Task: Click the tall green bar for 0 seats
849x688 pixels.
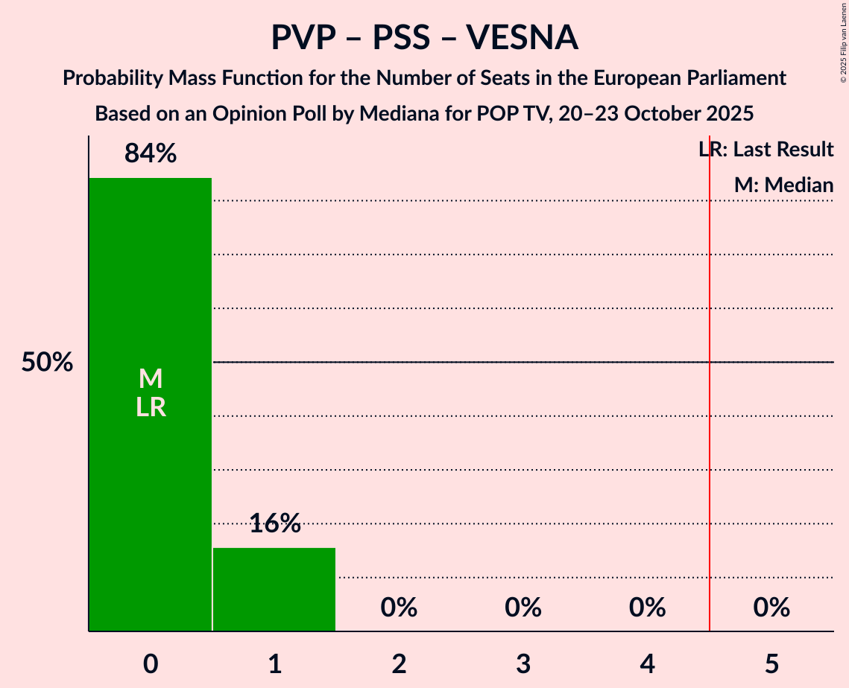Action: pos(150,484)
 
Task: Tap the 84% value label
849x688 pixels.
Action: pos(150,153)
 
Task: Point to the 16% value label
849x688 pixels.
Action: pos(274,523)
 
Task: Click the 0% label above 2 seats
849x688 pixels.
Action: pos(399,608)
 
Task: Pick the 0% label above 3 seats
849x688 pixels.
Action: pos(523,608)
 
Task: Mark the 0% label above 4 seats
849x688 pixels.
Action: pos(647,608)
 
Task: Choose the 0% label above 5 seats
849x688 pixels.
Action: pos(771,608)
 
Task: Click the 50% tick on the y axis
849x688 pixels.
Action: pos(47,363)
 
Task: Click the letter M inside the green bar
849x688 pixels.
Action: pos(150,378)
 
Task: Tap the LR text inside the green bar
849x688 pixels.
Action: pos(150,407)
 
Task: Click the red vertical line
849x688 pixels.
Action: pos(710,447)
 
